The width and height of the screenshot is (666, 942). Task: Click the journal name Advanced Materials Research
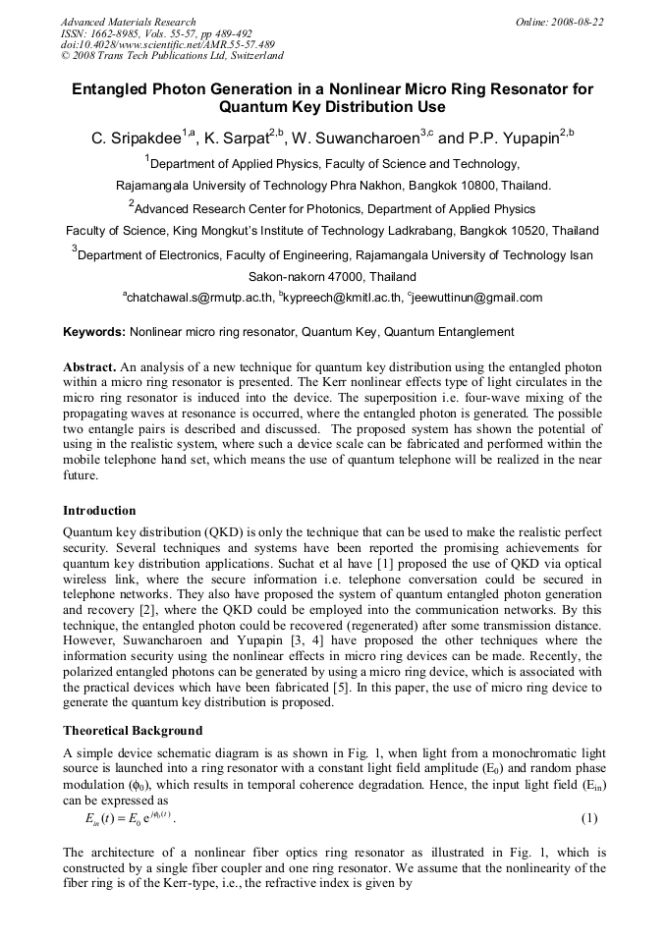click(128, 22)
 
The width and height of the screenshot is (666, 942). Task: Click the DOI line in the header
click(168, 44)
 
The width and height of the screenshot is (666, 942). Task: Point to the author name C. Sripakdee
click(137, 139)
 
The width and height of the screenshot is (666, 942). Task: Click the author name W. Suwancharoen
click(358, 139)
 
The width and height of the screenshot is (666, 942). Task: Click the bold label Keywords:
click(94, 333)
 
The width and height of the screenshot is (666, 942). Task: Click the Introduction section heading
click(99, 511)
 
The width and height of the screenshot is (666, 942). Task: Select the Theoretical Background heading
click(133, 731)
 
